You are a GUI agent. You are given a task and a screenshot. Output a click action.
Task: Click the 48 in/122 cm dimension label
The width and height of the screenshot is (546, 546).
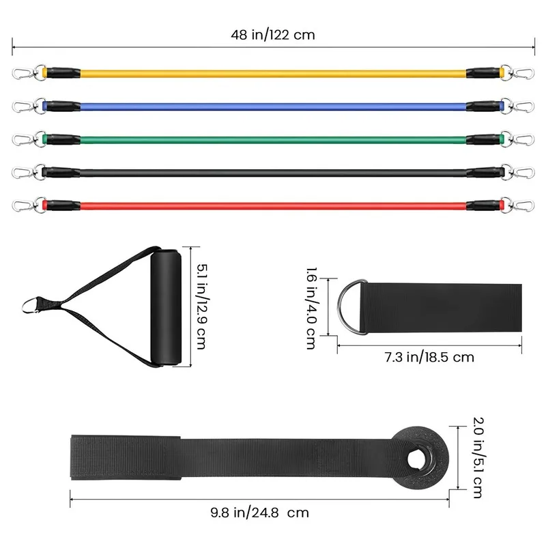coord(273,35)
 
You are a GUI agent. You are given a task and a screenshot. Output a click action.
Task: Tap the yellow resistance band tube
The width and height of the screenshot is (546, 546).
coord(274,74)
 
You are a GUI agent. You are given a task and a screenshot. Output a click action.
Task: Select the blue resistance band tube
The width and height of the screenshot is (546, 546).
coord(274,106)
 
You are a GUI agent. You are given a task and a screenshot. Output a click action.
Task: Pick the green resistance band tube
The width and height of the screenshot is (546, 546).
coord(274,140)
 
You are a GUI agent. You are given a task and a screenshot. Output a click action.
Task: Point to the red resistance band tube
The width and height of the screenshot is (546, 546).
coord(274,205)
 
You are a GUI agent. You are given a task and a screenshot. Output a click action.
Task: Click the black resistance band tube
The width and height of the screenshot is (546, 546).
coord(274,173)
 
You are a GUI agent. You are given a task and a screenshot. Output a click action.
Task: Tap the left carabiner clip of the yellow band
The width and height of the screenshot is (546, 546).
coord(24,73)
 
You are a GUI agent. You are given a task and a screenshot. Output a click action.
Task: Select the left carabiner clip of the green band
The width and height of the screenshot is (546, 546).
coord(24,139)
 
